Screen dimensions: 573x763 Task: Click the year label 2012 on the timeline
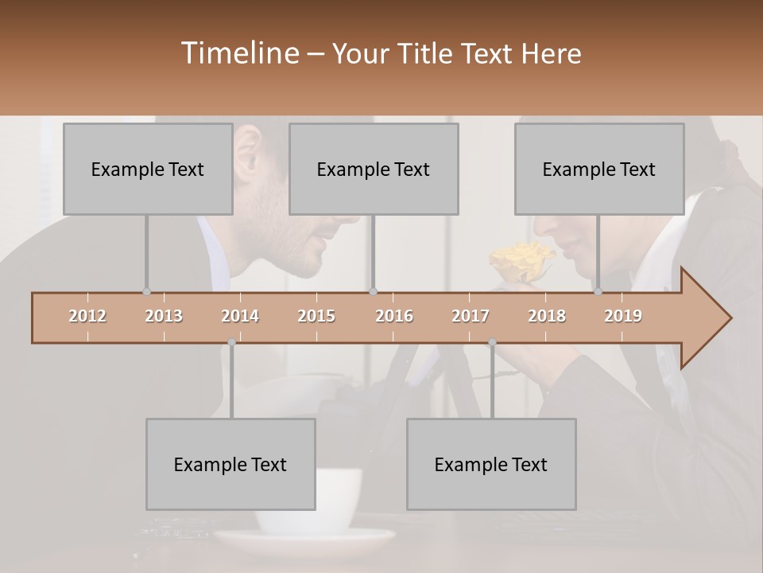[87, 316]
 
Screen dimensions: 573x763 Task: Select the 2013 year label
[164, 316]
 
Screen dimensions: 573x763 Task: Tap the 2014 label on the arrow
[240, 316]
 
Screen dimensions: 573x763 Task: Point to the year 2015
[316, 316]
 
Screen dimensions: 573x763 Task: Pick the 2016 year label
[394, 316]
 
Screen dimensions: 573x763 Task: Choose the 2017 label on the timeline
[471, 316]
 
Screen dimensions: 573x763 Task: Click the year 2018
[547, 316]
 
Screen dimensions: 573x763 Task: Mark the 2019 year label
[623, 316]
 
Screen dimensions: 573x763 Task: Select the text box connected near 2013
[148, 169]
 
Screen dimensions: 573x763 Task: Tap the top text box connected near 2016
[374, 169]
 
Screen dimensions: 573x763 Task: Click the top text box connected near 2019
[599, 169]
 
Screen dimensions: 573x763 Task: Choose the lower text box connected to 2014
[230, 464]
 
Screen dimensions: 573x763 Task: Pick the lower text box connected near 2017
[491, 464]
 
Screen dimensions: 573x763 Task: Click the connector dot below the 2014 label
[231, 342]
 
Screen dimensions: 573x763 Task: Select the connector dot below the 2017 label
[492, 342]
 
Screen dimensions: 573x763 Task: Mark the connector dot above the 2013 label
[146, 292]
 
